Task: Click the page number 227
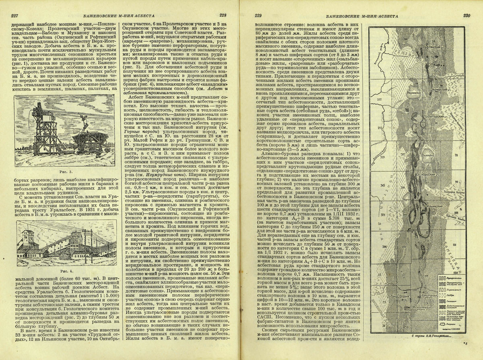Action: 15,16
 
